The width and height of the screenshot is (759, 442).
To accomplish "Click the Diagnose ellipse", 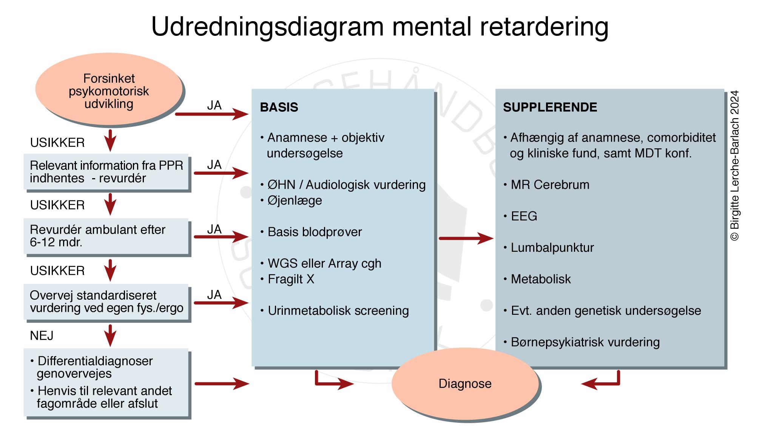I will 465,383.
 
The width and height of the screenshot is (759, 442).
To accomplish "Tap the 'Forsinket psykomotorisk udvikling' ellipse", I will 109,91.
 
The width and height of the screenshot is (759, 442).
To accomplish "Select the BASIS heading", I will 279,107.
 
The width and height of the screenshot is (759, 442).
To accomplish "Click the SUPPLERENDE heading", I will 550,107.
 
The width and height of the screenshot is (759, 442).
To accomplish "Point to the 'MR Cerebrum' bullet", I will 549,185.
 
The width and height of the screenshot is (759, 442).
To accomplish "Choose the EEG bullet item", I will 524,216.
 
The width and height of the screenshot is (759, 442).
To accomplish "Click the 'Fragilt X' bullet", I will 291,279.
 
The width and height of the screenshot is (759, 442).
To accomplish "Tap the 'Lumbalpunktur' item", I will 552,248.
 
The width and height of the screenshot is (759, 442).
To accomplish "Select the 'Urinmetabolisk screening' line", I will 338,311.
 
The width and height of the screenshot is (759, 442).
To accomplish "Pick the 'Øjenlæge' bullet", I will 295,200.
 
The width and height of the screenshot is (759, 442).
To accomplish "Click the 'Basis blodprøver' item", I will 315,232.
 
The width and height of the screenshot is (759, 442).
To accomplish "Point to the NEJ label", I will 42,336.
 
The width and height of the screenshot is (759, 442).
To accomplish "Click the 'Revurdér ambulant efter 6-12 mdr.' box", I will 106,236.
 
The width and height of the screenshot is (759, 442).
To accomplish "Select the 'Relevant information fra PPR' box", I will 106,172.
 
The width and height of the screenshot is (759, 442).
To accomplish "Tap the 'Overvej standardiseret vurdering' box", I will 106,302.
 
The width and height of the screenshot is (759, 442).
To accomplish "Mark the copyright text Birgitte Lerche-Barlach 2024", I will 734,165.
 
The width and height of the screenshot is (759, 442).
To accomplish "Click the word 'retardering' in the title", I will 544,26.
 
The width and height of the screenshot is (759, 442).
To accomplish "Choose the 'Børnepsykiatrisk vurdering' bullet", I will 585,342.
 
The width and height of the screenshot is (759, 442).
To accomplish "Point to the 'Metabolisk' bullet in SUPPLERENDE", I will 540,279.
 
